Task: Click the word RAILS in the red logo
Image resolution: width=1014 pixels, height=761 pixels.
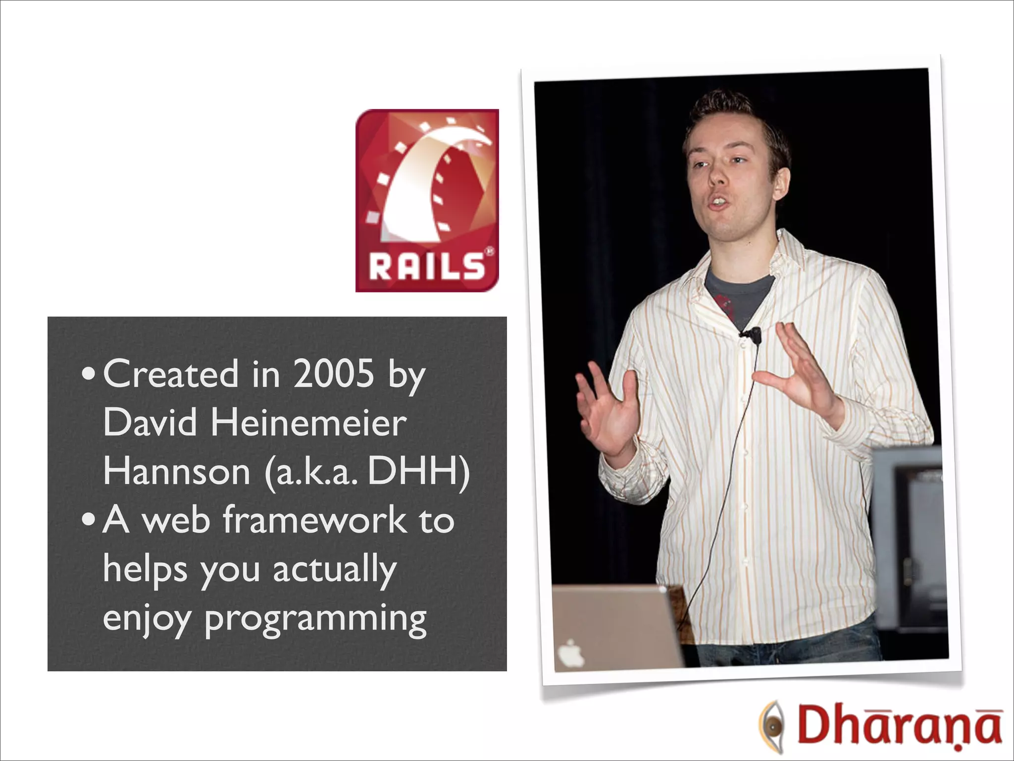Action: [x=426, y=268]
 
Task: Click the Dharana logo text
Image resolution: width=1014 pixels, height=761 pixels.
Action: [x=899, y=727]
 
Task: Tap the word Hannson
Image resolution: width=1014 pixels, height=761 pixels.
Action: [x=177, y=472]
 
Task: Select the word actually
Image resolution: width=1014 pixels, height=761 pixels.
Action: [x=335, y=570]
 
